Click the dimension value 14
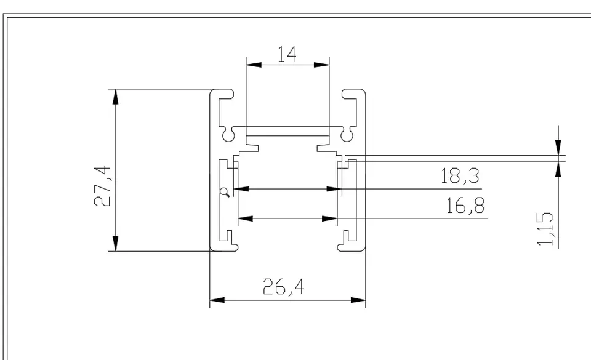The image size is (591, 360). click(287, 54)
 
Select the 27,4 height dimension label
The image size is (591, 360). click(103, 185)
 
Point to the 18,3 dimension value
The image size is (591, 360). click(460, 177)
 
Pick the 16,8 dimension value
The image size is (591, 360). click(465, 206)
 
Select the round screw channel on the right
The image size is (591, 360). click(347, 133)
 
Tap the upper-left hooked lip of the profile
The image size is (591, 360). click(225, 94)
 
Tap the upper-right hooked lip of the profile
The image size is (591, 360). click(351, 94)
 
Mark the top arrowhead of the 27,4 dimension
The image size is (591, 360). click(115, 95)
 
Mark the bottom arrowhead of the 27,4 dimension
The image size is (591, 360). click(115, 245)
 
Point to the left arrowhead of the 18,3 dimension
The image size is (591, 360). click(241, 189)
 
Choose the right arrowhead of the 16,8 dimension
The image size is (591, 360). click(332, 218)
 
